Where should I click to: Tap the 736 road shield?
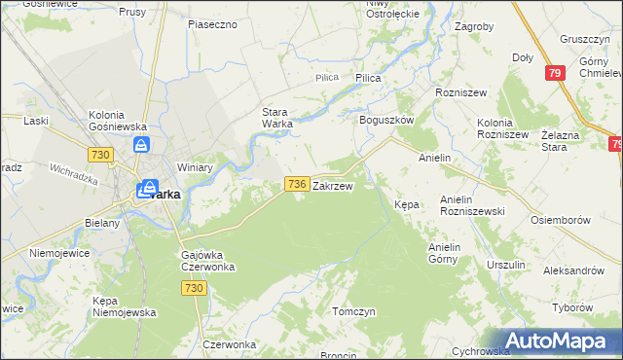(298, 183)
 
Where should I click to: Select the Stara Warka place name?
(283, 118)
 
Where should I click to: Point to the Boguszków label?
(386, 119)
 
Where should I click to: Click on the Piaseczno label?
(213, 23)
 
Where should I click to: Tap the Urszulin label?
(506, 265)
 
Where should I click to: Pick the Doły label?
(523, 58)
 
